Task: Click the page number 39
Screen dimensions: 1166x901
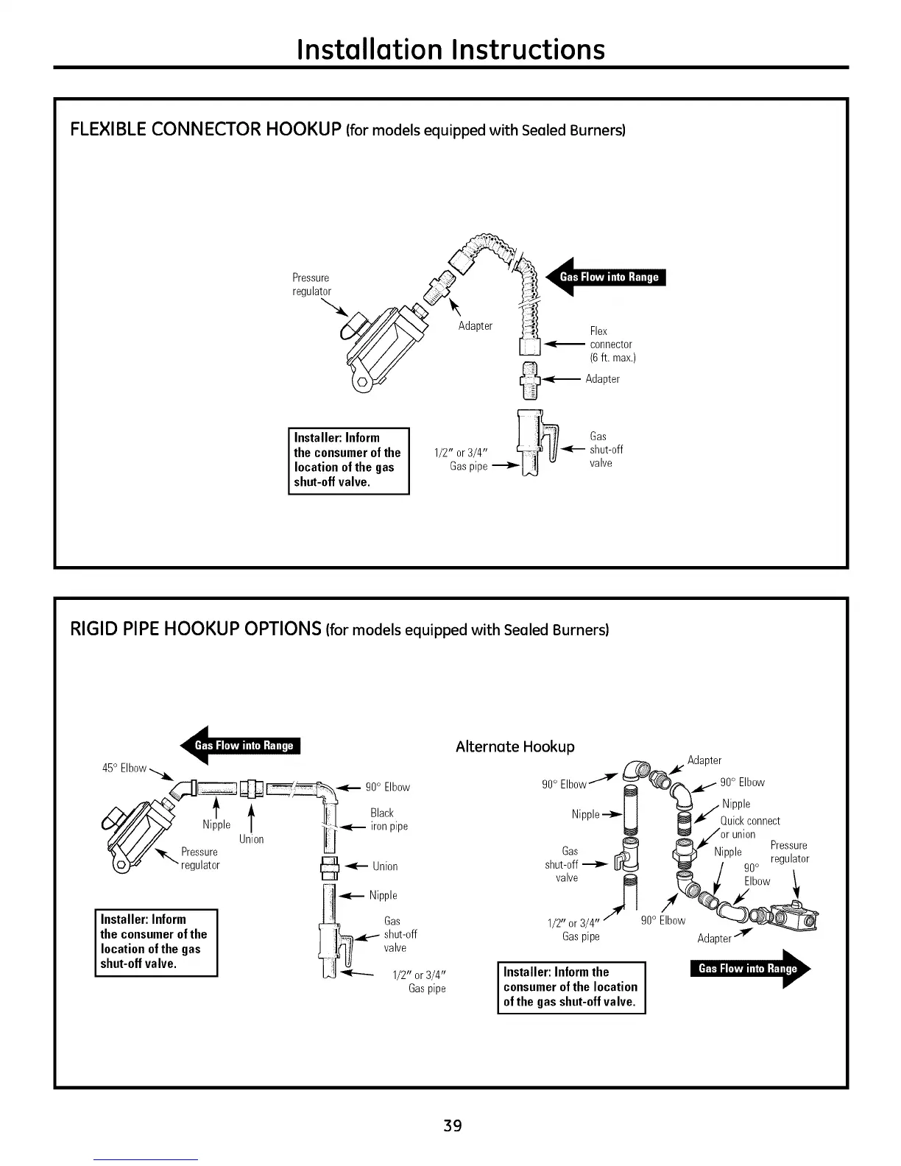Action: [x=452, y=1126]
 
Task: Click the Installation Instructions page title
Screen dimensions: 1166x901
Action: [x=451, y=49]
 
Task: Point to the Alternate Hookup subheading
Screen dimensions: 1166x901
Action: [x=515, y=746]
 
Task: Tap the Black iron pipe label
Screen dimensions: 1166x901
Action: [x=389, y=819]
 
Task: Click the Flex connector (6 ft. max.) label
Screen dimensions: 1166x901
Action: [x=612, y=344]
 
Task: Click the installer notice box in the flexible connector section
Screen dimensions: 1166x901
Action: [x=348, y=460]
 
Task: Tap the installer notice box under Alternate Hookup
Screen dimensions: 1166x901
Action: [x=570, y=986]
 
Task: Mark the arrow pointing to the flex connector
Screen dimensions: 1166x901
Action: [x=565, y=344]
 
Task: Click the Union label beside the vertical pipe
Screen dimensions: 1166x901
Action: [x=384, y=866]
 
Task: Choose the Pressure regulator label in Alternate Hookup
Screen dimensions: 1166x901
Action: [x=789, y=852]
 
